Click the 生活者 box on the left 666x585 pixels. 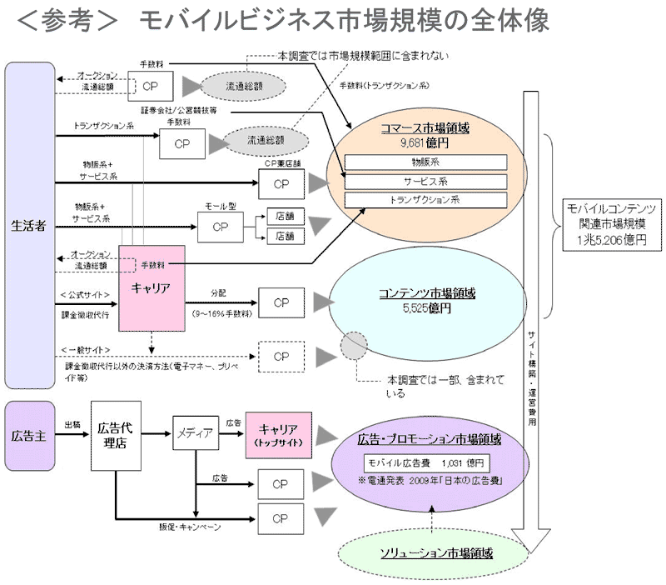point(29,226)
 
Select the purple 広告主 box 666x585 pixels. point(29,435)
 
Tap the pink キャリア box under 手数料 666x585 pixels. point(151,287)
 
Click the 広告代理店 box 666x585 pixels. point(115,435)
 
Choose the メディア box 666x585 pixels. point(193,432)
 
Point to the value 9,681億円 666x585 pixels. point(425,142)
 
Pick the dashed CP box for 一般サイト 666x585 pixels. point(281,356)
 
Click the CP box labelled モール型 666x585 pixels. point(220,226)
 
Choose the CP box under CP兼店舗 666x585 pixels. point(281,183)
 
